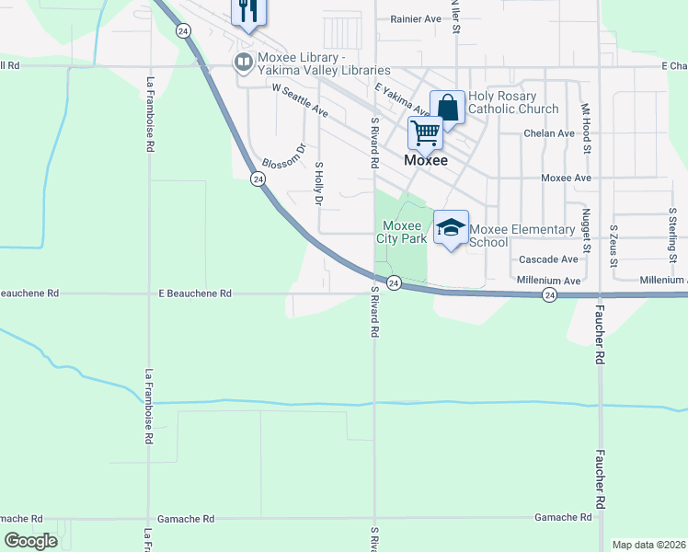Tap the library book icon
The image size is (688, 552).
pos(244,63)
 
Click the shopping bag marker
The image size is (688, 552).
pos(447,108)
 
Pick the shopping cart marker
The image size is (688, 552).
pos(425,132)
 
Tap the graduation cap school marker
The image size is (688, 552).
pos(451,229)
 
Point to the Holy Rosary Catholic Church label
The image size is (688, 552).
pos(513,102)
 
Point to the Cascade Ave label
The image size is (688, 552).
pos(548,260)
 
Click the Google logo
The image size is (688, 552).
pos(30,540)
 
